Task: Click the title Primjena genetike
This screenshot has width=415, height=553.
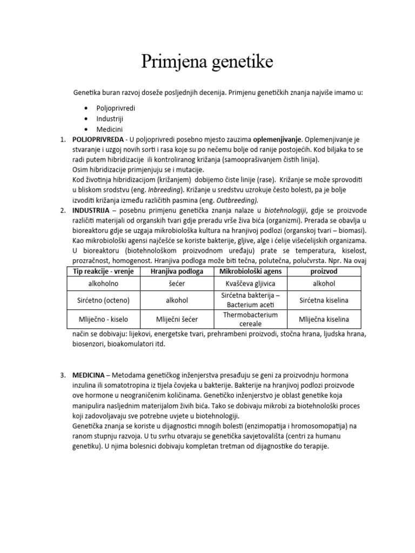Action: (x=207, y=63)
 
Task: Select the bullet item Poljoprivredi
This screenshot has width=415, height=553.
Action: (x=116, y=108)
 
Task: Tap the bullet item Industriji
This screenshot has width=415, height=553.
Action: (x=111, y=118)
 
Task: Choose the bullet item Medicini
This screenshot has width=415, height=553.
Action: (x=110, y=129)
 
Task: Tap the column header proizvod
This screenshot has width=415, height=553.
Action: (x=324, y=271)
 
